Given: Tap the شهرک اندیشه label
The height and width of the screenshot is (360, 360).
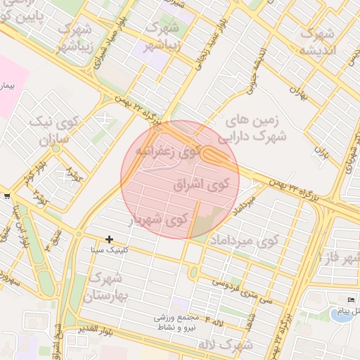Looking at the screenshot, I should click(x=320, y=41).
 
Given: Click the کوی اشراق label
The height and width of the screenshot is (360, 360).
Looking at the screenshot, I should click(x=201, y=185).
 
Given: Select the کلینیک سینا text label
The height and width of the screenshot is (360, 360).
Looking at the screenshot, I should click(x=109, y=250).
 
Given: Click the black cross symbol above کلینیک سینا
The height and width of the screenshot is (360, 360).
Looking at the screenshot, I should click(x=109, y=240).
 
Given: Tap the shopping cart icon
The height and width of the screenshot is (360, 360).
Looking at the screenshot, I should click(x=6, y=196).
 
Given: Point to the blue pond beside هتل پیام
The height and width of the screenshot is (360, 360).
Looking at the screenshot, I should click(x=342, y=314).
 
